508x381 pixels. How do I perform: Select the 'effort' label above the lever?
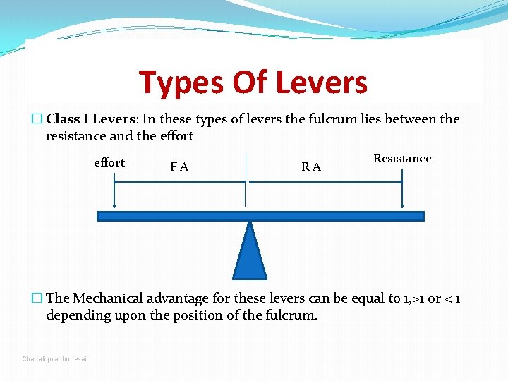(109, 162)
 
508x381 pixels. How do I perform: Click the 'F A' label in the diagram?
(179, 167)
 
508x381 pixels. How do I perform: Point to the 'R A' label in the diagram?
(310, 167)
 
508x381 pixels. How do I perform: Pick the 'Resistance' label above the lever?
(402, 158)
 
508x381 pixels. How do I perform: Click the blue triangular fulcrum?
(250, 254)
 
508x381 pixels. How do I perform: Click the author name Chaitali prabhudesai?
(54, 359)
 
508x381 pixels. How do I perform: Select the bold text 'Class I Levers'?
(85, 119)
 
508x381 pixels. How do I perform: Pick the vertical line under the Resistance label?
(401, 191)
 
